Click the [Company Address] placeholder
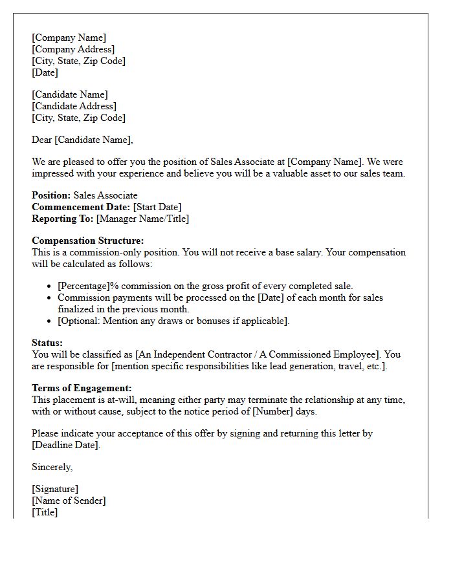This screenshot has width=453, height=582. [73, 49]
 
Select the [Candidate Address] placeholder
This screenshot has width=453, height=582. [74, 106]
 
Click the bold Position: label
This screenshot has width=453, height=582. [51, 195]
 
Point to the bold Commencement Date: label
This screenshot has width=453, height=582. [81, 207]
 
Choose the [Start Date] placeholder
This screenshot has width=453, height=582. [157, 207]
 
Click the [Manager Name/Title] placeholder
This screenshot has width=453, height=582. [142, 219]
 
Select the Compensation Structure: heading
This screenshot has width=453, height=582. [88, 241]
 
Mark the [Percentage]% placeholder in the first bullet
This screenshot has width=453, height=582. [88, 286]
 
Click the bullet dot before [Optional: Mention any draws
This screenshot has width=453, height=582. [50, 321]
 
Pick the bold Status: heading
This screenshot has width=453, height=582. [47, 343]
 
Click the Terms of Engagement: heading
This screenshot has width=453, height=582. [82, 388]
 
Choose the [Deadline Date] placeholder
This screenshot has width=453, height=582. [66, 445]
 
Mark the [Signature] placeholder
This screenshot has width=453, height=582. [55, 489]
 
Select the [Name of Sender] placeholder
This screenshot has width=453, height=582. [69, 501]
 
